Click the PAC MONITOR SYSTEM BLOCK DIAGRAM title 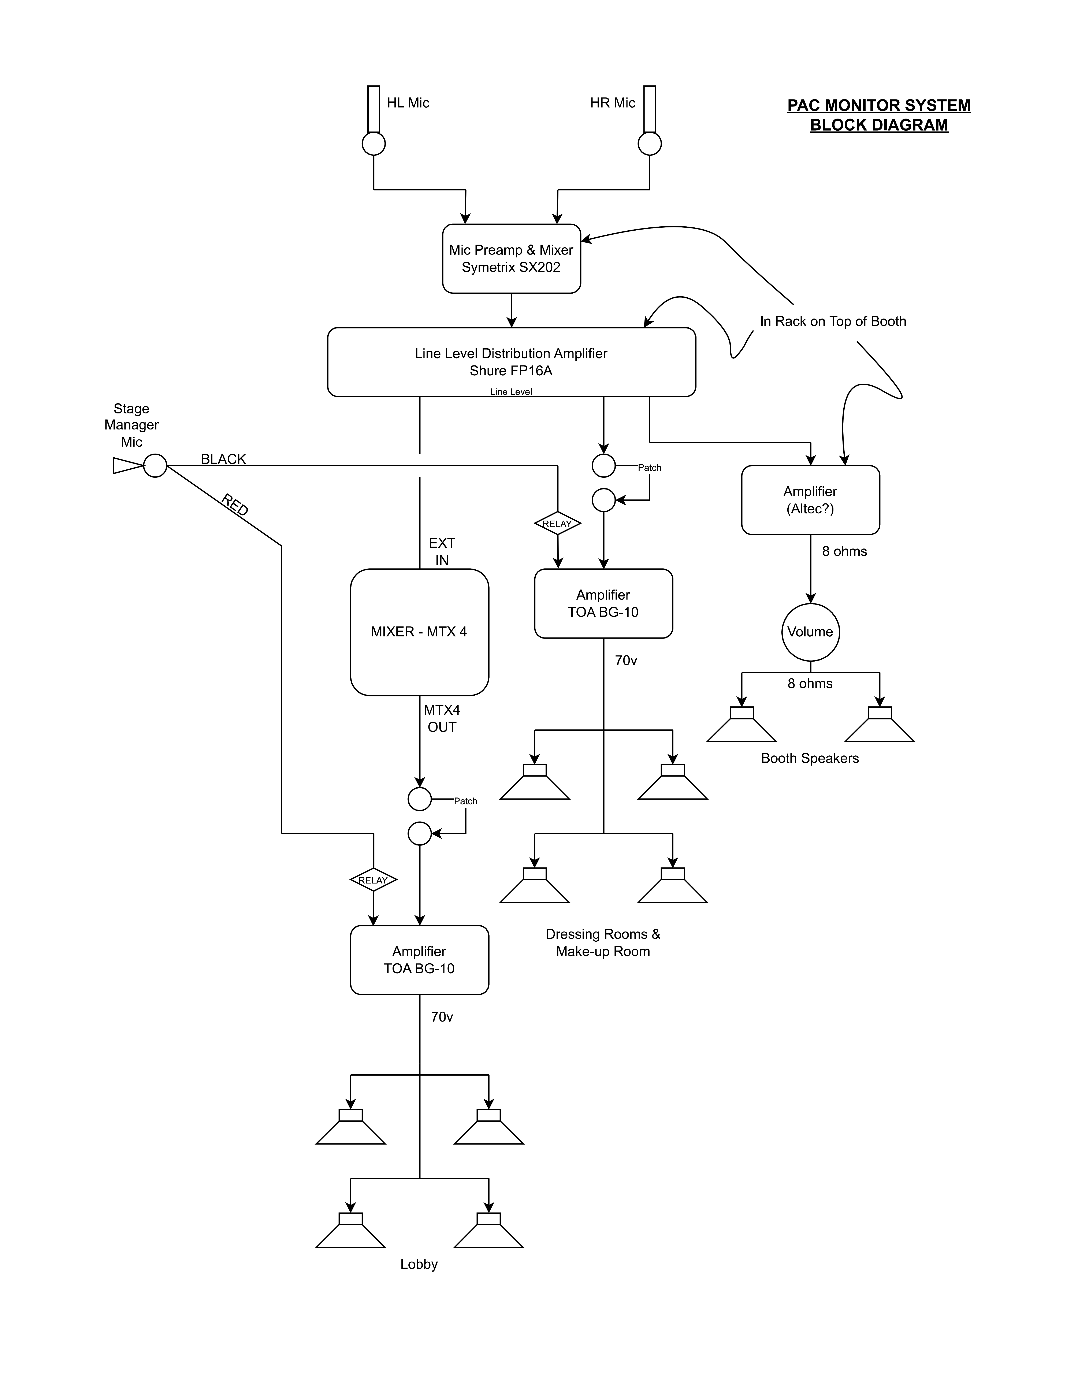click(879, 115)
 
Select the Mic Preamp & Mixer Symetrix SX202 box click(511, 259)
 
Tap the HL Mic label click(408, 103)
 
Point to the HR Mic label click(612, 103)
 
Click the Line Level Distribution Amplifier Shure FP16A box click(511, 362)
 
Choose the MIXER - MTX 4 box click(419, 632)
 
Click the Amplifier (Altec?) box click(810, 500)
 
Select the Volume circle click(810, 632)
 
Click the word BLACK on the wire click(223, 459)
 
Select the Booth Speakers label click(810, 758)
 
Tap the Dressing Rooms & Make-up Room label click(603, 943)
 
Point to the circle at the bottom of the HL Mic click(373, 144)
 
